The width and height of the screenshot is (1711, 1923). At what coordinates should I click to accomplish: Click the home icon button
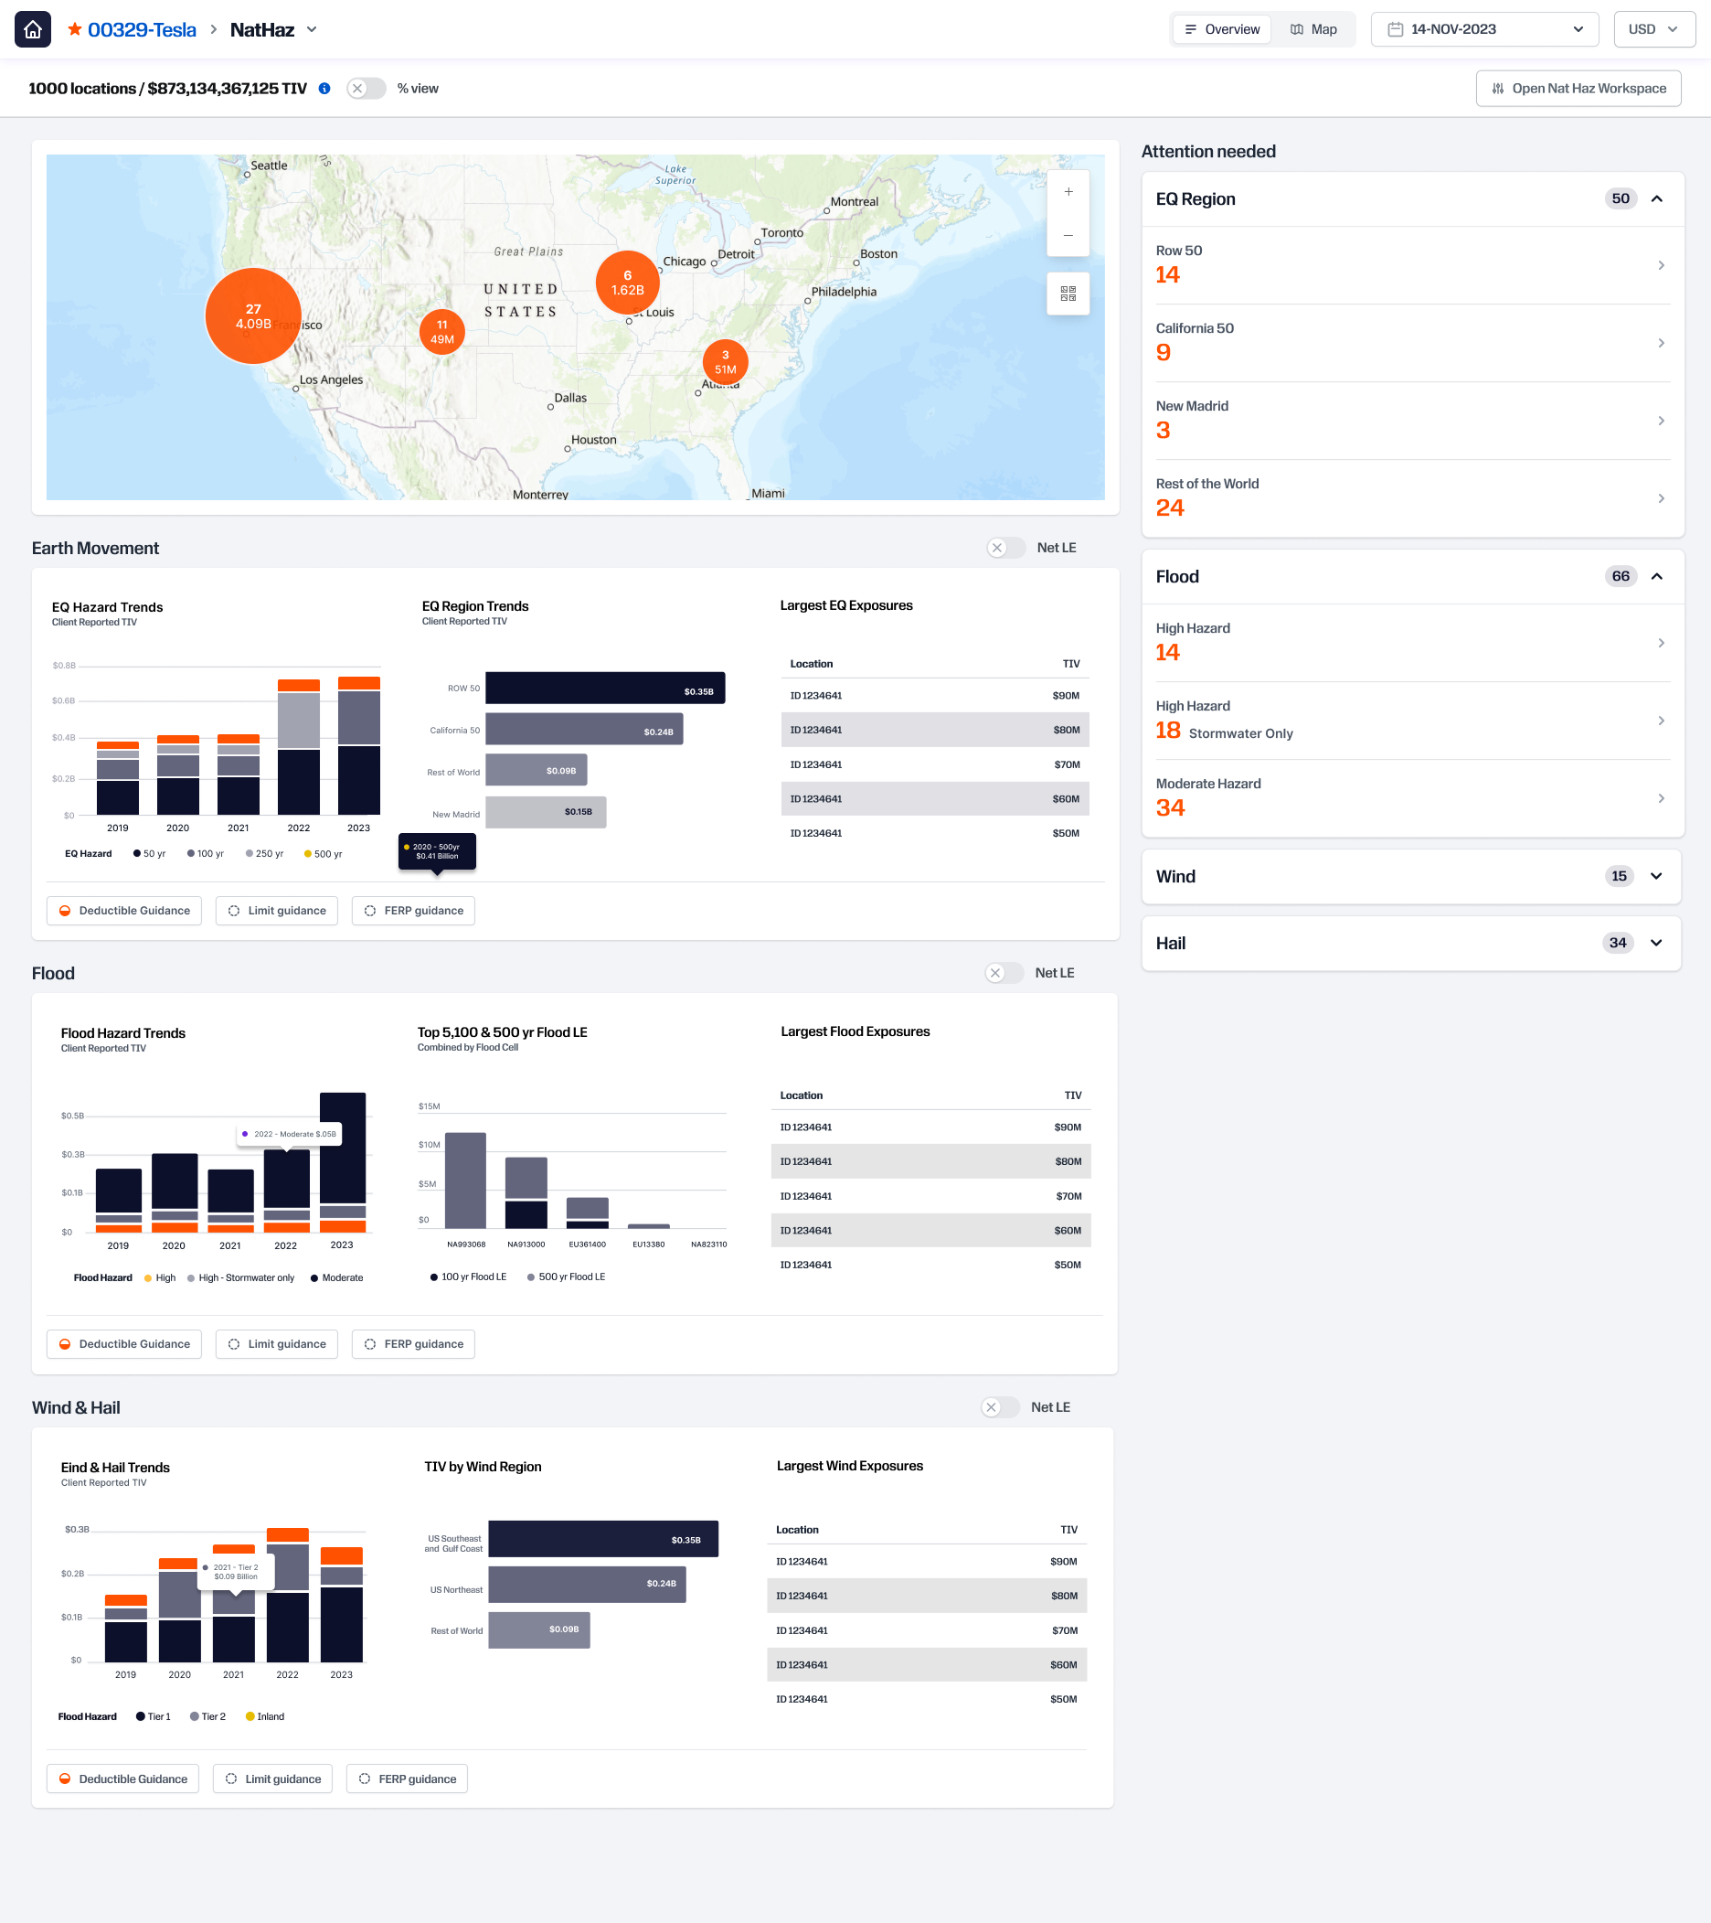[x=33, y=29]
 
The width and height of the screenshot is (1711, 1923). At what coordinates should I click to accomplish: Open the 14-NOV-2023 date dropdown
[x=1483, y=29]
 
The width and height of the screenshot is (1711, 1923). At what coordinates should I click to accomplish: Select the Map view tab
[x=1313, y=29]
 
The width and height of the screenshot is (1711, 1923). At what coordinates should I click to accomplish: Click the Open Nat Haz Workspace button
[x=1578, y=89]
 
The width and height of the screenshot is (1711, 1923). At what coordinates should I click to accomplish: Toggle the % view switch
[x=366, y=89]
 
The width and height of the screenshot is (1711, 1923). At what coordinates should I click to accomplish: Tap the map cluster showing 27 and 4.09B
[x=253, y=316]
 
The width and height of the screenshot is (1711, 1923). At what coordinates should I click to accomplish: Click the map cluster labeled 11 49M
[x=442, y=332]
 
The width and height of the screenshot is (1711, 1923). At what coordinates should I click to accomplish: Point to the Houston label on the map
[x=593, y=439]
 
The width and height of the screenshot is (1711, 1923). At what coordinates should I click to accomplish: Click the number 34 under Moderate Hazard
[x=1169, y=807]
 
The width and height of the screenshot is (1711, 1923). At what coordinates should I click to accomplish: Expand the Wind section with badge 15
[x=1654, y=876]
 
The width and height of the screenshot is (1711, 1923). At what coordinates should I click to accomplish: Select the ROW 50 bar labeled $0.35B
[x=605, y=688]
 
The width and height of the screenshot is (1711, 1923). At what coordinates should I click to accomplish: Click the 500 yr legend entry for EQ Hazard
[x=323, y=854]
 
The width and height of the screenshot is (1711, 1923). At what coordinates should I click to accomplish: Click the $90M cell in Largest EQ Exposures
[x=1065, y=696]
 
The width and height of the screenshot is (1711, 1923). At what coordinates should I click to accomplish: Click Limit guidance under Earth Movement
[x=277, y=911]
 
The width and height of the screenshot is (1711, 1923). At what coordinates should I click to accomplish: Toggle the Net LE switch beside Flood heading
[x=1004, y=973]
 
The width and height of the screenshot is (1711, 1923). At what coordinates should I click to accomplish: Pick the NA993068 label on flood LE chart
[x=465, y=1245]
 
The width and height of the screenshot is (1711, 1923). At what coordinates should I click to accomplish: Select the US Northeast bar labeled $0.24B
[x=587, y=1585]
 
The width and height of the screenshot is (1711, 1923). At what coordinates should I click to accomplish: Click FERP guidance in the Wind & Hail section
[x=408, y=1779]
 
